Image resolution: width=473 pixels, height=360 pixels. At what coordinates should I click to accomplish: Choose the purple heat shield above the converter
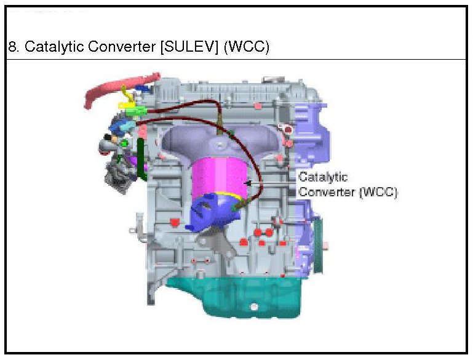(x=185, y=138)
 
